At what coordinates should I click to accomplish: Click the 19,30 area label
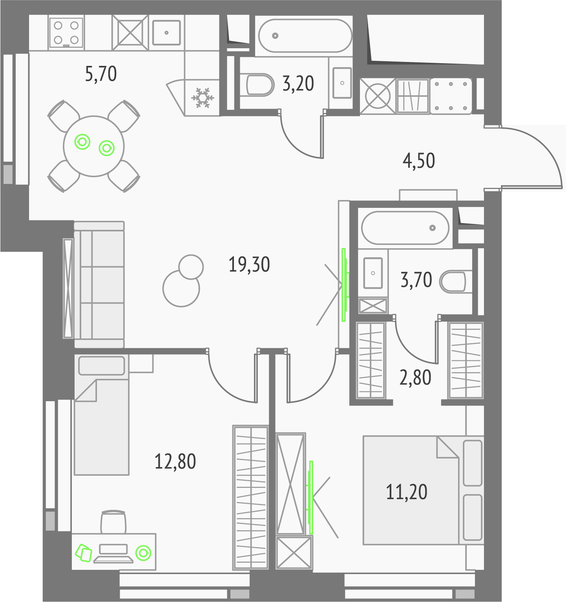(249, 265)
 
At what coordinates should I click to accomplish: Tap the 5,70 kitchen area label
(101, 74)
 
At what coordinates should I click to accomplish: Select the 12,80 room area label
(175, 461)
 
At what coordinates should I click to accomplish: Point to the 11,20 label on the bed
(407, 492)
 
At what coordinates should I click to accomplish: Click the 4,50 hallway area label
(419, 161)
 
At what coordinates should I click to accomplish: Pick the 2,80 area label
(415, 377)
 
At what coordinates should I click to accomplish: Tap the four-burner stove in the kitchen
(66, 33)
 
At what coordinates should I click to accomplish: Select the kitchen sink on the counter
(166, 33)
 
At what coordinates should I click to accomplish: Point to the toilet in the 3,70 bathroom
(453, 281)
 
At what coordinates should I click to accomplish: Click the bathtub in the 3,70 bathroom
(405, 228)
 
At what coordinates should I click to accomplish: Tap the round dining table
(94, 146)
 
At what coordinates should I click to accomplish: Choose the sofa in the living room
(99, 284)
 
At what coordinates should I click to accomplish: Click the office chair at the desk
(113, 522)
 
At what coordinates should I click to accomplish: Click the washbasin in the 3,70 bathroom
(373, 273)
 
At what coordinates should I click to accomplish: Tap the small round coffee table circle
(191, 267)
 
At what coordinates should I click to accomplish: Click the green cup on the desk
(143, 553)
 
